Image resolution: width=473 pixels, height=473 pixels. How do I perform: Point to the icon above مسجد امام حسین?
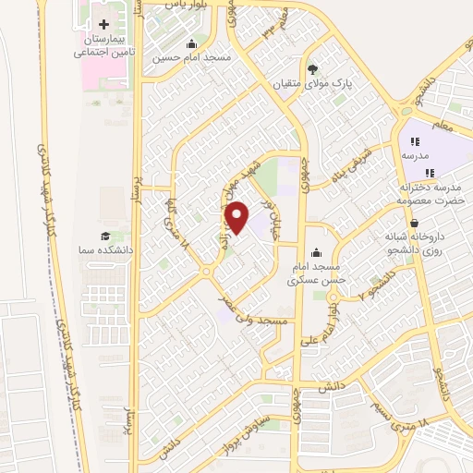pyautogui.click(x=191, y=43)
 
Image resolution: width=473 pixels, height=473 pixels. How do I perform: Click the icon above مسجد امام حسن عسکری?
pyautogui.click(x=317, y=250)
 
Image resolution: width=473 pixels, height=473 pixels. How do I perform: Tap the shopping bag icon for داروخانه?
pyautogui.click(x=413, y=223)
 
